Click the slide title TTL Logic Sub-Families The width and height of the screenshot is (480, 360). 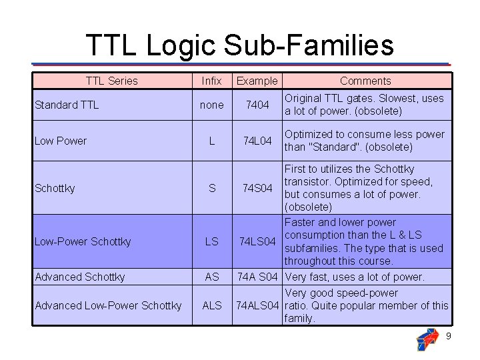click(x=239, y=45)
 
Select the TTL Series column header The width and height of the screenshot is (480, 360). click(x=111, y=81)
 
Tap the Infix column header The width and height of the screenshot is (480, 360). click(x=211, y=81)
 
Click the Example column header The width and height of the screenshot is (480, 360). click(x=257, y=81)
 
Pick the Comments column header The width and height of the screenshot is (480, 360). click(x=365, y=81)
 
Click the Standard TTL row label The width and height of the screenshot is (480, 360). click(x=66, y=105)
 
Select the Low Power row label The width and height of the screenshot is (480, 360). click(x=61, y=141)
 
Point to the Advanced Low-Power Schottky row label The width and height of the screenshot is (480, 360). click(x=108, y=305)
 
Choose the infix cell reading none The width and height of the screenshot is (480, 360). click(x=211, y=105)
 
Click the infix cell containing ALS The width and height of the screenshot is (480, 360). click(x=211, y=305)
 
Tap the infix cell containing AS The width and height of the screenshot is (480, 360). click(x=211, y=277)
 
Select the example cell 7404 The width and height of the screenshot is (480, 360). click(x=257, y=105)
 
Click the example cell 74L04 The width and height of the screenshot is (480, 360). click(x=257, y=141)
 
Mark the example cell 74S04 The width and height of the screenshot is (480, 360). click(x=257, y=189)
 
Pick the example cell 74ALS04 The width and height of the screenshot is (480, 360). click(x=257, y=305)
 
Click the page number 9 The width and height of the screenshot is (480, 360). click(x=448, y=336)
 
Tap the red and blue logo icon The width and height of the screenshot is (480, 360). click(x=427, y=339)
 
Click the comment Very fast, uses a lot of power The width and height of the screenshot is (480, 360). click(x=354, y=277)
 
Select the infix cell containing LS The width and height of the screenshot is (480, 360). click(x=211, y=241)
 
